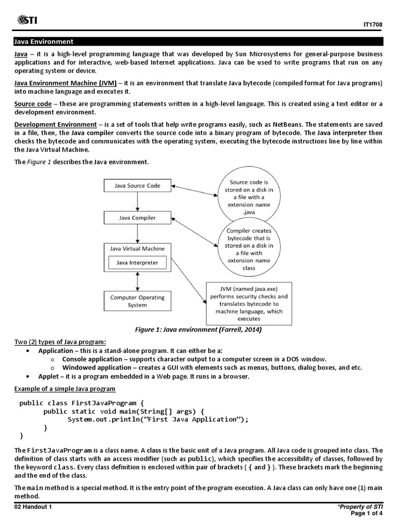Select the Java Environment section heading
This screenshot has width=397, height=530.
pyautogui.click(x=44, y=41)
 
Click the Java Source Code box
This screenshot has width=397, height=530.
pyautogui.click(x=137, y=185)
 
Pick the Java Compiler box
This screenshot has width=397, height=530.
pyautogui.click(x=137, y=218)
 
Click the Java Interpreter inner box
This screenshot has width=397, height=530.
pyautogui.click(x=137, y=263)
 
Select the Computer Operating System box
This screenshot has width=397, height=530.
pyautogui.click(x=137, y=301)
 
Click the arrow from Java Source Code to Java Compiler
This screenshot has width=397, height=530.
pyautogui.click(x=138, y=201)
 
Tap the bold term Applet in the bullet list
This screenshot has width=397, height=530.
pyautogui.click(x=49, y=376)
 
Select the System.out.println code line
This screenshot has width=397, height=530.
pyautogui.click(x=158, y=419)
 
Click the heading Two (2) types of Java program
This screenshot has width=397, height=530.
pyautogui.click(x=60, y=342)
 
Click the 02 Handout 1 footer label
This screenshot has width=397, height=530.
pyautogui.click(x=33, y=507)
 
